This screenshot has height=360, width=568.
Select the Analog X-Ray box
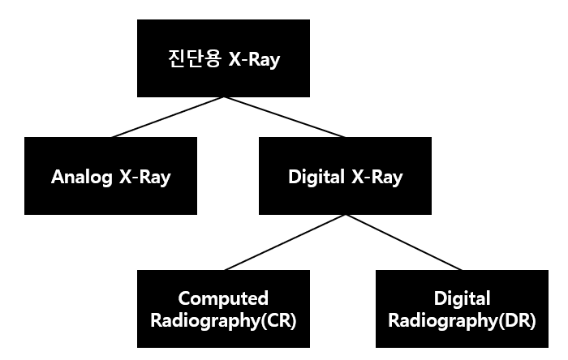coord(110,175)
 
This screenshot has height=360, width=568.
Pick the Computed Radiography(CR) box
coord(223,308)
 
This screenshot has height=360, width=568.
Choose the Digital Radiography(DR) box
coord(462,308)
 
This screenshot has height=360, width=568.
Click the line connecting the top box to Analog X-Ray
coord(166,117)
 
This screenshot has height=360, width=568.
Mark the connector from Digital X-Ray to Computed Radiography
coord(284,242)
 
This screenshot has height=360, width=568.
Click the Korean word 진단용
coord(188,60)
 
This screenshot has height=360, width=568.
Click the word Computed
coord(223,298)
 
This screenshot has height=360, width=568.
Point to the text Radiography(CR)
coord(223,319)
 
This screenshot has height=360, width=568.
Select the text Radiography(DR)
coord(462,319)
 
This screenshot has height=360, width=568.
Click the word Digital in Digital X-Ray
coord(314,177)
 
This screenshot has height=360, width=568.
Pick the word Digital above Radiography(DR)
coord(462,298)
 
